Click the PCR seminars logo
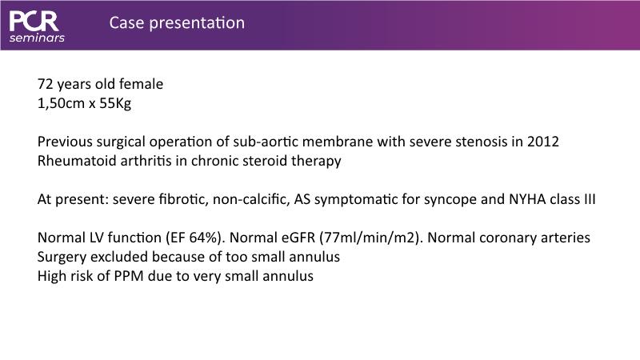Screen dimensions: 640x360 click(37, 26)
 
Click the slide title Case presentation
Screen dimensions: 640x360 click(177, 23)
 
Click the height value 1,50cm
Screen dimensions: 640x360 click(61, 104)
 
